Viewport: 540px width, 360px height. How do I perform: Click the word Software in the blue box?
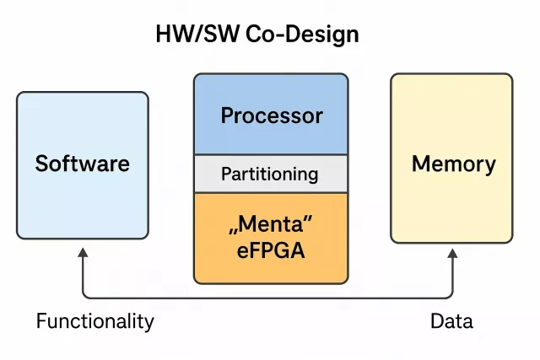pos(83,163)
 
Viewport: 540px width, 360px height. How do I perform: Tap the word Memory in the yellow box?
pos(453,163)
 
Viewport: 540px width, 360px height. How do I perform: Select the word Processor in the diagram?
pos(271,116)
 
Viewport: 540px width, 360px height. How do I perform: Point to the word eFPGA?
pos(271,251)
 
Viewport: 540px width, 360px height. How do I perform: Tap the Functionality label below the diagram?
pos(94,321)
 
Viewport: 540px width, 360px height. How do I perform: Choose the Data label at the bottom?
pos(451,321)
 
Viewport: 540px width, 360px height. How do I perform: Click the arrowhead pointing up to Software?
pos(83,252)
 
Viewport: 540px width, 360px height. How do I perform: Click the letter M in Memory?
pos(422,163)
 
